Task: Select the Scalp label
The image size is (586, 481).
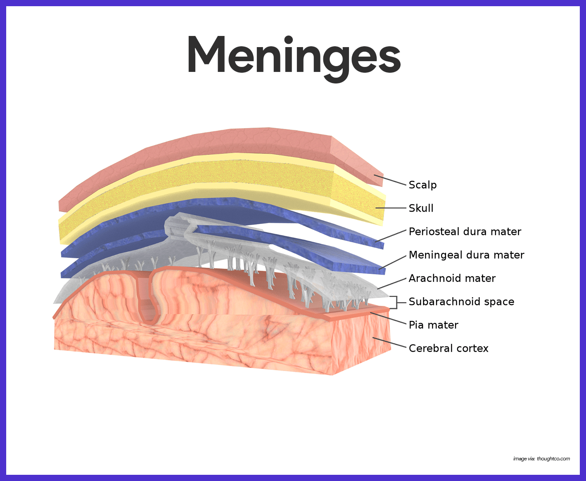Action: pyautogui.click(x=422, y=185)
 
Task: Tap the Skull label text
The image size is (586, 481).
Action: pyautogui.click(x=421, y=208)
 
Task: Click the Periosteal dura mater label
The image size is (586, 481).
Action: pyautogui.click(x=465, y=231)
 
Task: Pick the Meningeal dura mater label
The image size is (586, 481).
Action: pyautogui.click(x=466, y=255)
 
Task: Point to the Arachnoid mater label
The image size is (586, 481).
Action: pyautogui.click(x=452, y=279)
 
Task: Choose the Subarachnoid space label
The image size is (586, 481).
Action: pyautogui.click(x=461, y=302)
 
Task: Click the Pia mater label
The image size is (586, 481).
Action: pyautogui.click(x=433, y=325)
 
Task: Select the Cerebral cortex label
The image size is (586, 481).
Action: pyautogui.click(x=448, y=348)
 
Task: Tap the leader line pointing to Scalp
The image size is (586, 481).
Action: pyautogui.click(x=390, y=180)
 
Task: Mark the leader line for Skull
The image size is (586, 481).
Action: pyautogui.click(x=391, y=208)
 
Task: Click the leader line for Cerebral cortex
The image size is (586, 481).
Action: pyautogui.click(x=390, y=343)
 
